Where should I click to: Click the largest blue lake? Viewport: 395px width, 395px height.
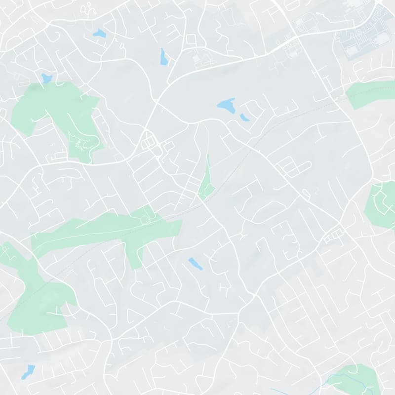coord(226,105)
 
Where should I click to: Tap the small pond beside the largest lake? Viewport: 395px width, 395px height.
coord(244,118)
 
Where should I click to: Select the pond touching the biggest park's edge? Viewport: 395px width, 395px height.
coord(46,78)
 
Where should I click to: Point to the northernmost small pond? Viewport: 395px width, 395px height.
coord(99,34)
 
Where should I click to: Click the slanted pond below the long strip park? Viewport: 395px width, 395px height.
coord(195,264)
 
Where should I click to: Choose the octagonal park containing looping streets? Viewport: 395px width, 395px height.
coord(382,204)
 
